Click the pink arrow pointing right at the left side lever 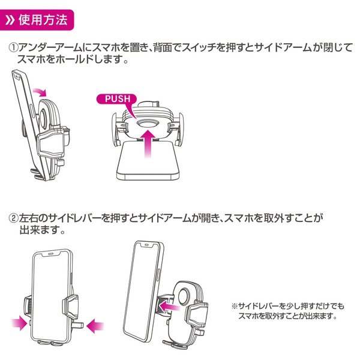tap(19, 323)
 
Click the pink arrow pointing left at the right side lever tap(95, 325)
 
